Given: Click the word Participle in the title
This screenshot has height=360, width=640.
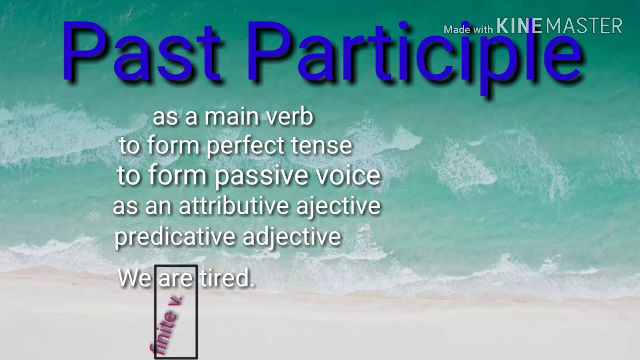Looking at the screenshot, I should (x=415, y=55).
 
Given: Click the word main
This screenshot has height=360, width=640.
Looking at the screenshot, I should (x=232, y=117).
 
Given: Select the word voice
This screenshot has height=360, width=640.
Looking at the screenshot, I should (x=350, y=176).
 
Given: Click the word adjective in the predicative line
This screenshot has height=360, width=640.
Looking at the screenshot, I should (x=292, y=237).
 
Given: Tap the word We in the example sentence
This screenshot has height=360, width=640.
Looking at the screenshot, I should (x=134, y=278).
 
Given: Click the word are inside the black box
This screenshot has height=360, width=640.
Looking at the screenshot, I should (x=175, y=279).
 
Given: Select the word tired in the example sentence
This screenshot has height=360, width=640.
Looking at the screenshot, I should (x=227, y=278).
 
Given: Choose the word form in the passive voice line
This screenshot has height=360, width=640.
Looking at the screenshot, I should (x=177, y=176).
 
